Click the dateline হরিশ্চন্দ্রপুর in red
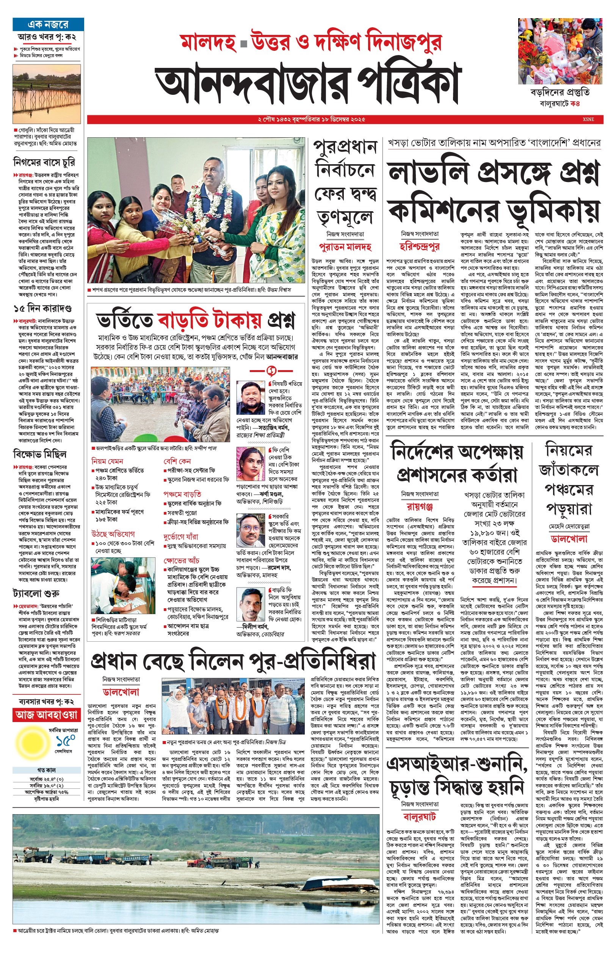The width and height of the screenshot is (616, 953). [x=420, y=246]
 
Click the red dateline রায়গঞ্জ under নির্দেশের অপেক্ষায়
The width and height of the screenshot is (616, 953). [x=420, y=507]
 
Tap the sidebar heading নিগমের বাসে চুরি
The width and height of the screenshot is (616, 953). [x=44, y=162]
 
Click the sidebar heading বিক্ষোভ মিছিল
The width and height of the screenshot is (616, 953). [x=39, y=454]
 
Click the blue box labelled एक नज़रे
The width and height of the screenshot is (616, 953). [x=48, y=24]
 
